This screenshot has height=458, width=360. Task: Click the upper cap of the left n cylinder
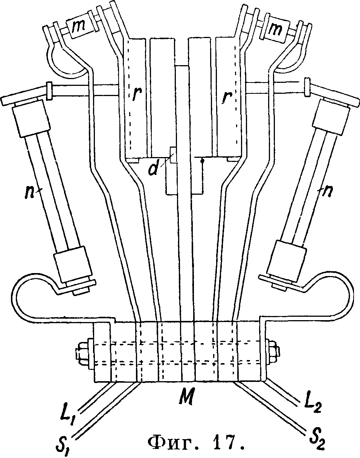coord(31,121)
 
